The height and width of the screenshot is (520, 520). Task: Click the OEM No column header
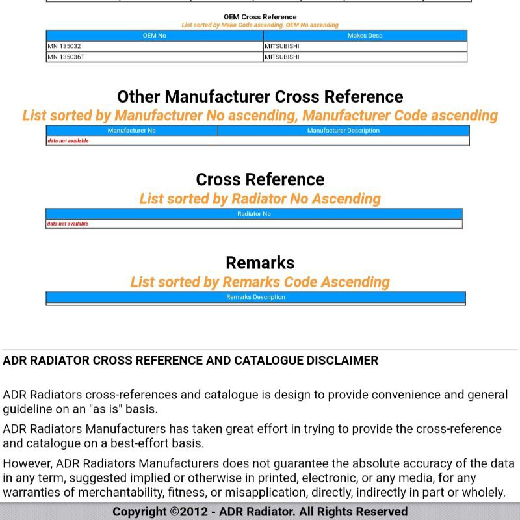pos(154,36)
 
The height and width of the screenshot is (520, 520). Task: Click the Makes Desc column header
pos(365,36)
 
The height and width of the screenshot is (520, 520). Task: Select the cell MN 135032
pos(64,46)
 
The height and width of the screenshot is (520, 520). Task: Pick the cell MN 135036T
pos(66,57)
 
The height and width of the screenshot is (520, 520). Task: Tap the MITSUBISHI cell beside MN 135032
pos(282,46)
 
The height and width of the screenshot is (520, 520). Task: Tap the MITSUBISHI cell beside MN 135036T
pos(282,57)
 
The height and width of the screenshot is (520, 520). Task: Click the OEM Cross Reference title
pos(260,17)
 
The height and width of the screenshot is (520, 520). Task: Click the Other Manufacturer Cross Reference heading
pos(260,97)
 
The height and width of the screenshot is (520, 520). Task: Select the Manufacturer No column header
pos(132,131)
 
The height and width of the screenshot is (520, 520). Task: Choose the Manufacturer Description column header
pos(343,131)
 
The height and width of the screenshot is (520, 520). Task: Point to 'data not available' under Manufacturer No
pos(68,140)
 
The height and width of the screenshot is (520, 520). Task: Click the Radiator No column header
pos(254,214)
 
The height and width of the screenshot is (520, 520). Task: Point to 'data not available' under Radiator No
pos(68,224)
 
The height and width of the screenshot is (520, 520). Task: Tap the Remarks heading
pos(260,263)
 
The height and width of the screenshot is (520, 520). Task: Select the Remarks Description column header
pos(255,297)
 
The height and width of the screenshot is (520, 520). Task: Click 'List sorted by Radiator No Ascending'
pos(260,199)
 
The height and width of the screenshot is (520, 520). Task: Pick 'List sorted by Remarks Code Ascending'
pos(260,282)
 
